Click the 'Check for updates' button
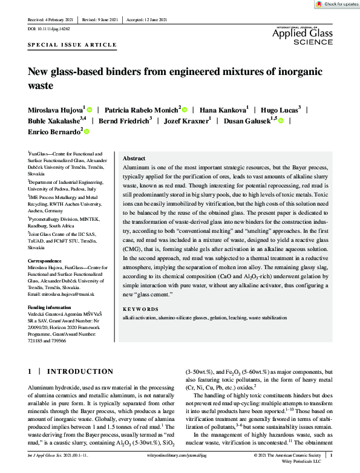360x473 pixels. tap(336, 4)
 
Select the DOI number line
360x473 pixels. tap(49, 28)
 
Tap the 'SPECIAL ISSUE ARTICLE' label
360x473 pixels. tap(72, 45)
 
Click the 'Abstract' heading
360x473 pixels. tap(134, 157)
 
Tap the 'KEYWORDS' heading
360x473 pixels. tap(140, 309)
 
